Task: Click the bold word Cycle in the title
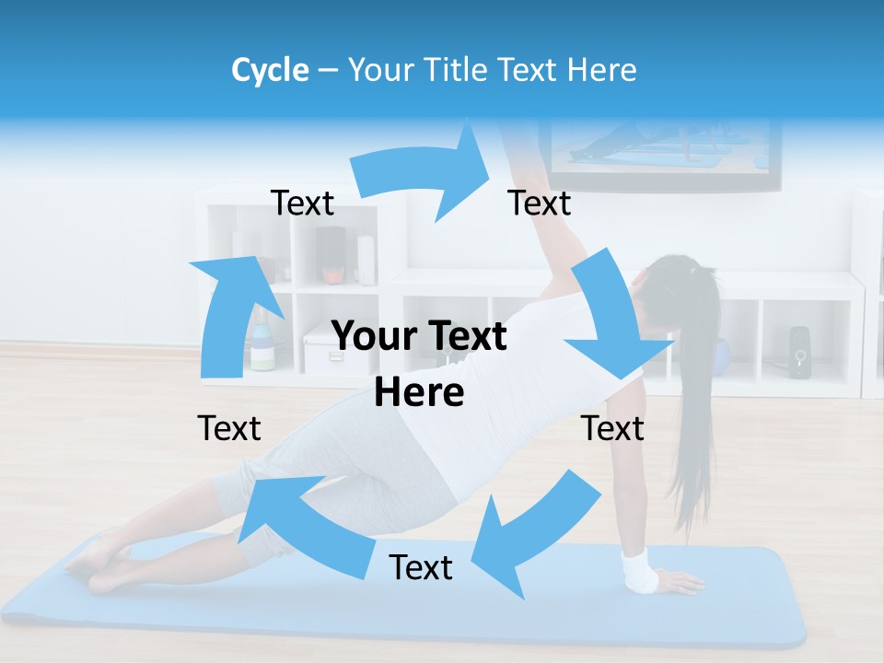270,70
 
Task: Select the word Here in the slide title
602,70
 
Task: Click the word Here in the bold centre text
419,393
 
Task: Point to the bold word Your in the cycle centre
373,337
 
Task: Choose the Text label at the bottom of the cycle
421,567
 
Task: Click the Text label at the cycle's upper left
302,203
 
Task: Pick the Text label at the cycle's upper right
540,203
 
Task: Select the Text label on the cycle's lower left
229,428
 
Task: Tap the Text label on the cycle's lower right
612,428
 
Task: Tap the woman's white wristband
639,570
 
